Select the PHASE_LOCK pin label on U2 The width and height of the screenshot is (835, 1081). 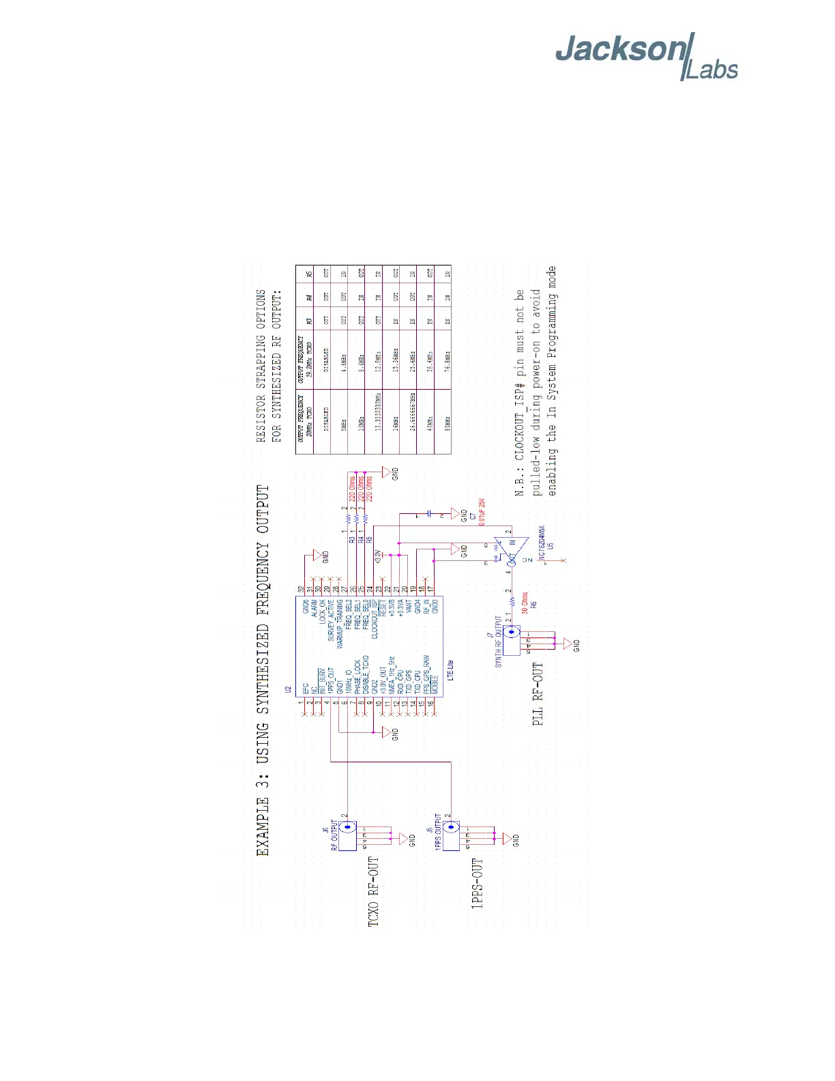click(357, 676)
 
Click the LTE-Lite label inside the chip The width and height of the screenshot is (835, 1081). click(450, 669)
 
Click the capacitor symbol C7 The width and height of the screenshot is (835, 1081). click(429, 513)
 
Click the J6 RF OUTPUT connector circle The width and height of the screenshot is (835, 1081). click(348, 827)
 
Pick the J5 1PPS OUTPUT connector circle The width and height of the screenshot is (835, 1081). click(451, 827)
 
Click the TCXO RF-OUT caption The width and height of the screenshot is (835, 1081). click(373, 891)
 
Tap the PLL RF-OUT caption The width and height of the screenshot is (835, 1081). click(538, 693)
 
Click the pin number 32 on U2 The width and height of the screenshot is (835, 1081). click(301, 589)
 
